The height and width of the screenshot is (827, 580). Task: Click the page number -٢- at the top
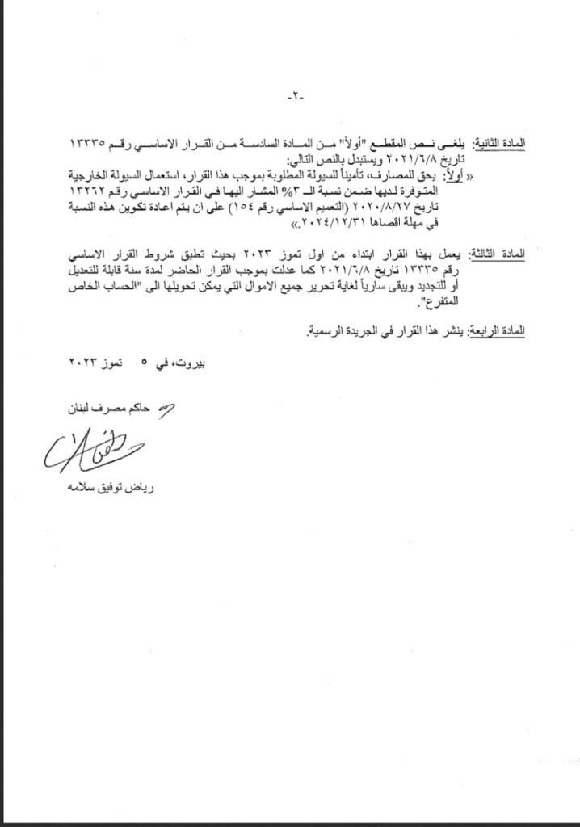[292, 98]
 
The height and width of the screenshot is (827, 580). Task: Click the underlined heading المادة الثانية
[500, 142]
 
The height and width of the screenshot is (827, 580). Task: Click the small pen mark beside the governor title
[169, 410]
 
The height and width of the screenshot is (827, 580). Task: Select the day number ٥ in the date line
[145, 364]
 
